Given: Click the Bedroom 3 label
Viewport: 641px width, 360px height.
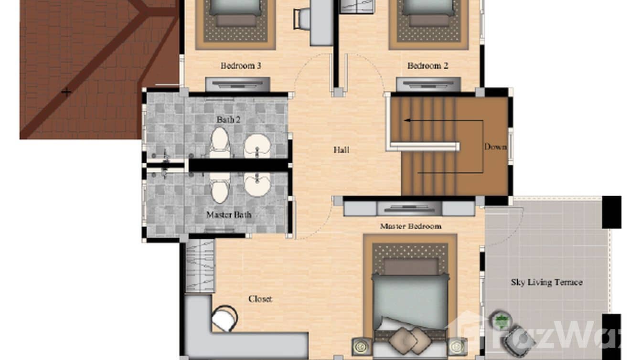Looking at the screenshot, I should pyautogui.click(x=241, y=65).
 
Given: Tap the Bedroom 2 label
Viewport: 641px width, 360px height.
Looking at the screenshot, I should pyautogui.click(x=427, y=65).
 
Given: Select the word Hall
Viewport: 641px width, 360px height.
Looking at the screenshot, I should pyautogui.click(x=341, y=150).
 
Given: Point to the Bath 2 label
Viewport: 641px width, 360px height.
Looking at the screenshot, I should pyautogui.click(x=228, y=119).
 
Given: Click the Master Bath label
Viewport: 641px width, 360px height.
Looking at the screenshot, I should pyautogui.click(x=228, y=215).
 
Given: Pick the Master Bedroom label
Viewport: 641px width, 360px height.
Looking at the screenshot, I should pyautogui.click(x=410, y=226).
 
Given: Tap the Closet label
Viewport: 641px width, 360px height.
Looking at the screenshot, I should pyautogui.click(x=260, y=299).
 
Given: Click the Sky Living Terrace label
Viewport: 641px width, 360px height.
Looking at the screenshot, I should pyautogui.click(x=546, y=282).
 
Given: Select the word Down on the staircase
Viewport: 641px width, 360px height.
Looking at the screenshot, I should pyautogui.click(x=495, y=147).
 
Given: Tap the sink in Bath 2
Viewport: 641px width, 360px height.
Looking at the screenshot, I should pyautogui.click(x=257, y=145).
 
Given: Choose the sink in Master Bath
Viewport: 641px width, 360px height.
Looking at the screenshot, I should pyautogui.click(x=257, y=184).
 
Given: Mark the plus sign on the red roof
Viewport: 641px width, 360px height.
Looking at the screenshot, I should pyautogui.click(x=66, y=92).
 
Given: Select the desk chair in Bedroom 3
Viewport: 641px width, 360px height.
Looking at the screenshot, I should pyautogui.click(x=303, y=19).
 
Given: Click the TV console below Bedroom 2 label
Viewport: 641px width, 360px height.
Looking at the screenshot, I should pyautogui.click(x=428, y=85).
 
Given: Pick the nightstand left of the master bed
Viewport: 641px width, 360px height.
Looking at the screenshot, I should pyautogui.click(x=362, y=346).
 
